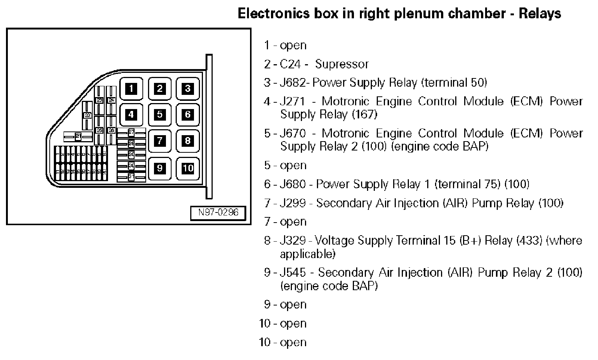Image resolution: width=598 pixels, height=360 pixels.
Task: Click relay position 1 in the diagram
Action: [x=131, y=89]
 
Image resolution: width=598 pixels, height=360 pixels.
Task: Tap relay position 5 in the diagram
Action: [x=160, y=114]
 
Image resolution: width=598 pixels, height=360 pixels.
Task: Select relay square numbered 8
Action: [x=188, y=141]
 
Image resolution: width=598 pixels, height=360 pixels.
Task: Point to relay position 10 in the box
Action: [x=188, y=168]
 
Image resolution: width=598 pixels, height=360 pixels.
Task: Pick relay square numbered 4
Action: [x=131, y=114]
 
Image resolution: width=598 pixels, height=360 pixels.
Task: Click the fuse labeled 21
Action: [x=78, y=137]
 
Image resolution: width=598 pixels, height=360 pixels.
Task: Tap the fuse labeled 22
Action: [x=87, y=115]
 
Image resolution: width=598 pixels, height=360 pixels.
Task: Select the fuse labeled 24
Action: [x=111, y=100]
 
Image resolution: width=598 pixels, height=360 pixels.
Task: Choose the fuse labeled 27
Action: [x=131, y=132]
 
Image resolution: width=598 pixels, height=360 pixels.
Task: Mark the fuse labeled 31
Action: [x=131, y=177]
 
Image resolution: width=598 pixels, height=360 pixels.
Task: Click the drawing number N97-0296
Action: [x=218, y=212]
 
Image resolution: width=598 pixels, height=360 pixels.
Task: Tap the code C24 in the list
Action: [x=290, y=64]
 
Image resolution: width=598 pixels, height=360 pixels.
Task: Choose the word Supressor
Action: [x=342, y=64]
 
